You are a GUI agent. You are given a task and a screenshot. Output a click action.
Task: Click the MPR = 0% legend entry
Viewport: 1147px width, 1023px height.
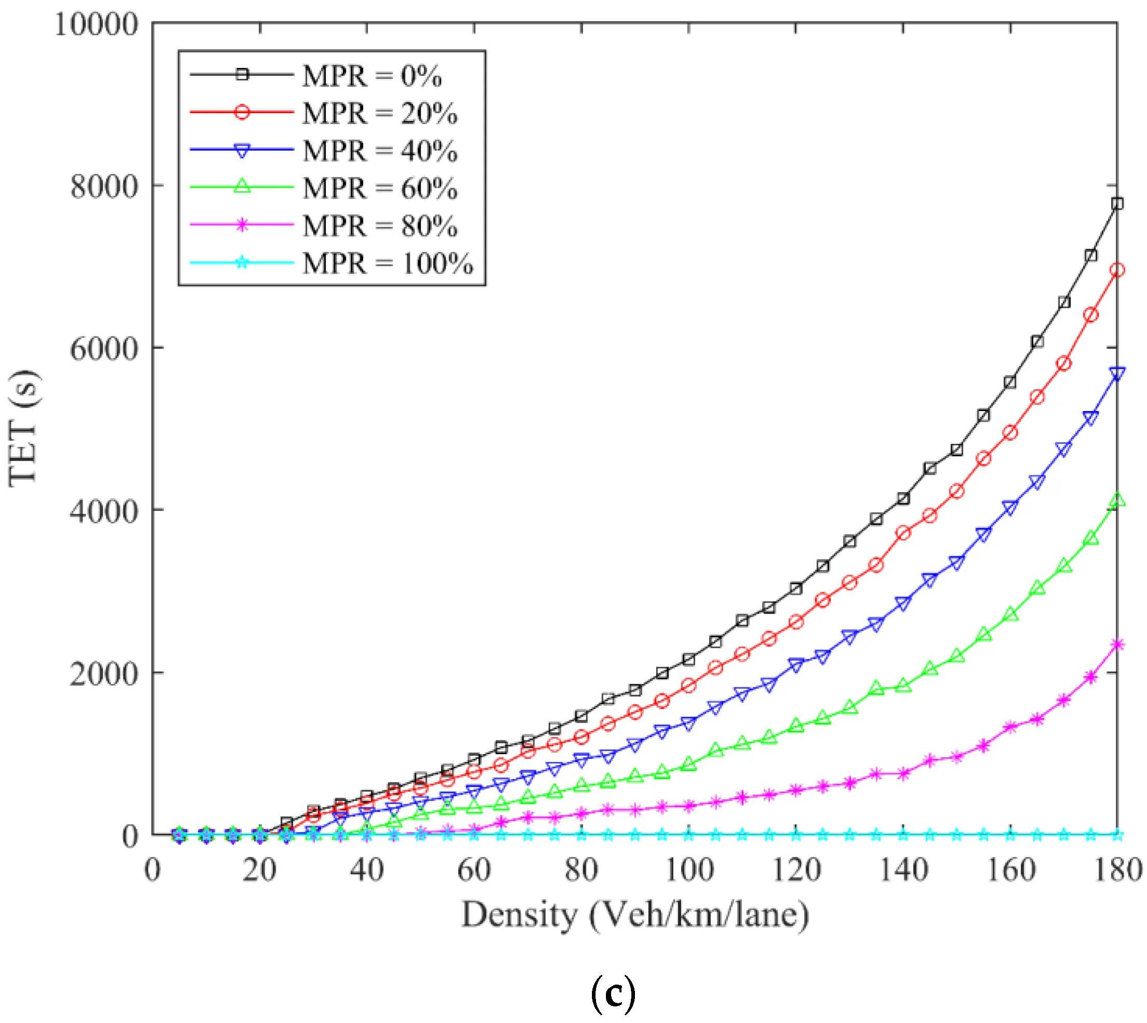pyautogui.click(x=372, y=76)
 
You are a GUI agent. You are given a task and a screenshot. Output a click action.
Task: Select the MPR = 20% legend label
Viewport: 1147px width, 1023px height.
pyautogui.click(x=380, y=114)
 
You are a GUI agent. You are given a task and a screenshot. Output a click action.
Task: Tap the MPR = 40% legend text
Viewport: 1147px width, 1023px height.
pyautogui.click(x=380, y=151)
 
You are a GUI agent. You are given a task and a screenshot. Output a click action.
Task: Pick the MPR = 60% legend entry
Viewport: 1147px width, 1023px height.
pyautogui.click(x=380, y=188)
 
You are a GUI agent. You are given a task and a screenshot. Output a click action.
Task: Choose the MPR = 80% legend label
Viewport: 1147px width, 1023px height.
pyautogui.click(x=380, y=226)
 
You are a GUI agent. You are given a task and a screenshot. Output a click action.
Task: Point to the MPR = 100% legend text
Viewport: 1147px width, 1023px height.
pyautogui.click(x=388, y=264)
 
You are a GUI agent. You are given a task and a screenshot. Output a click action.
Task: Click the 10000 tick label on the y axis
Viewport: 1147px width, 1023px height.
pyautogui.click(x=96, y=25)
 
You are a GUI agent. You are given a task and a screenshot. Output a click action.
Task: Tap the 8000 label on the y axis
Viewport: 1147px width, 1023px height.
pyautogui.click(x=104, y=187)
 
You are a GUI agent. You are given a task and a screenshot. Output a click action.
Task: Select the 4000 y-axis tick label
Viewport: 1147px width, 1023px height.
pyautogui.click(x=104, y=512)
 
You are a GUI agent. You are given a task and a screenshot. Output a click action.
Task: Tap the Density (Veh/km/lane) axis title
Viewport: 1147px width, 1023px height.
pyautogui.click(x=635, y=915)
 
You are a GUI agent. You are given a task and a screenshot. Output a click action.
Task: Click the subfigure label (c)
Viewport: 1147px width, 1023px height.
pyautogui.click(x=613, y=994)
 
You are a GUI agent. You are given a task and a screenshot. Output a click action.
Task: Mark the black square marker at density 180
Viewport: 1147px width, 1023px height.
pyautogui.click(x=1117, y=203)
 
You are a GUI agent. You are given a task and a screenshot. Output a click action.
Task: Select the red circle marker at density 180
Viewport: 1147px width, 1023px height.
pyautogui.click(x=1117, y=270)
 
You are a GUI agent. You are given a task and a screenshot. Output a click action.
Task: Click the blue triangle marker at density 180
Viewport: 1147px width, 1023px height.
pyautogui.click(x=1117, y=374)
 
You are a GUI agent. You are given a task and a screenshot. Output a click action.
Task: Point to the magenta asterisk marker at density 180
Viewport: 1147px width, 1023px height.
pyautogui.click(x=1117, y=645)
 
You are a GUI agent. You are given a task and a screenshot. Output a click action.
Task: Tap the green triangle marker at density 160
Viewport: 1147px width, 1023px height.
pyautogui.click(x=1011, y=614)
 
